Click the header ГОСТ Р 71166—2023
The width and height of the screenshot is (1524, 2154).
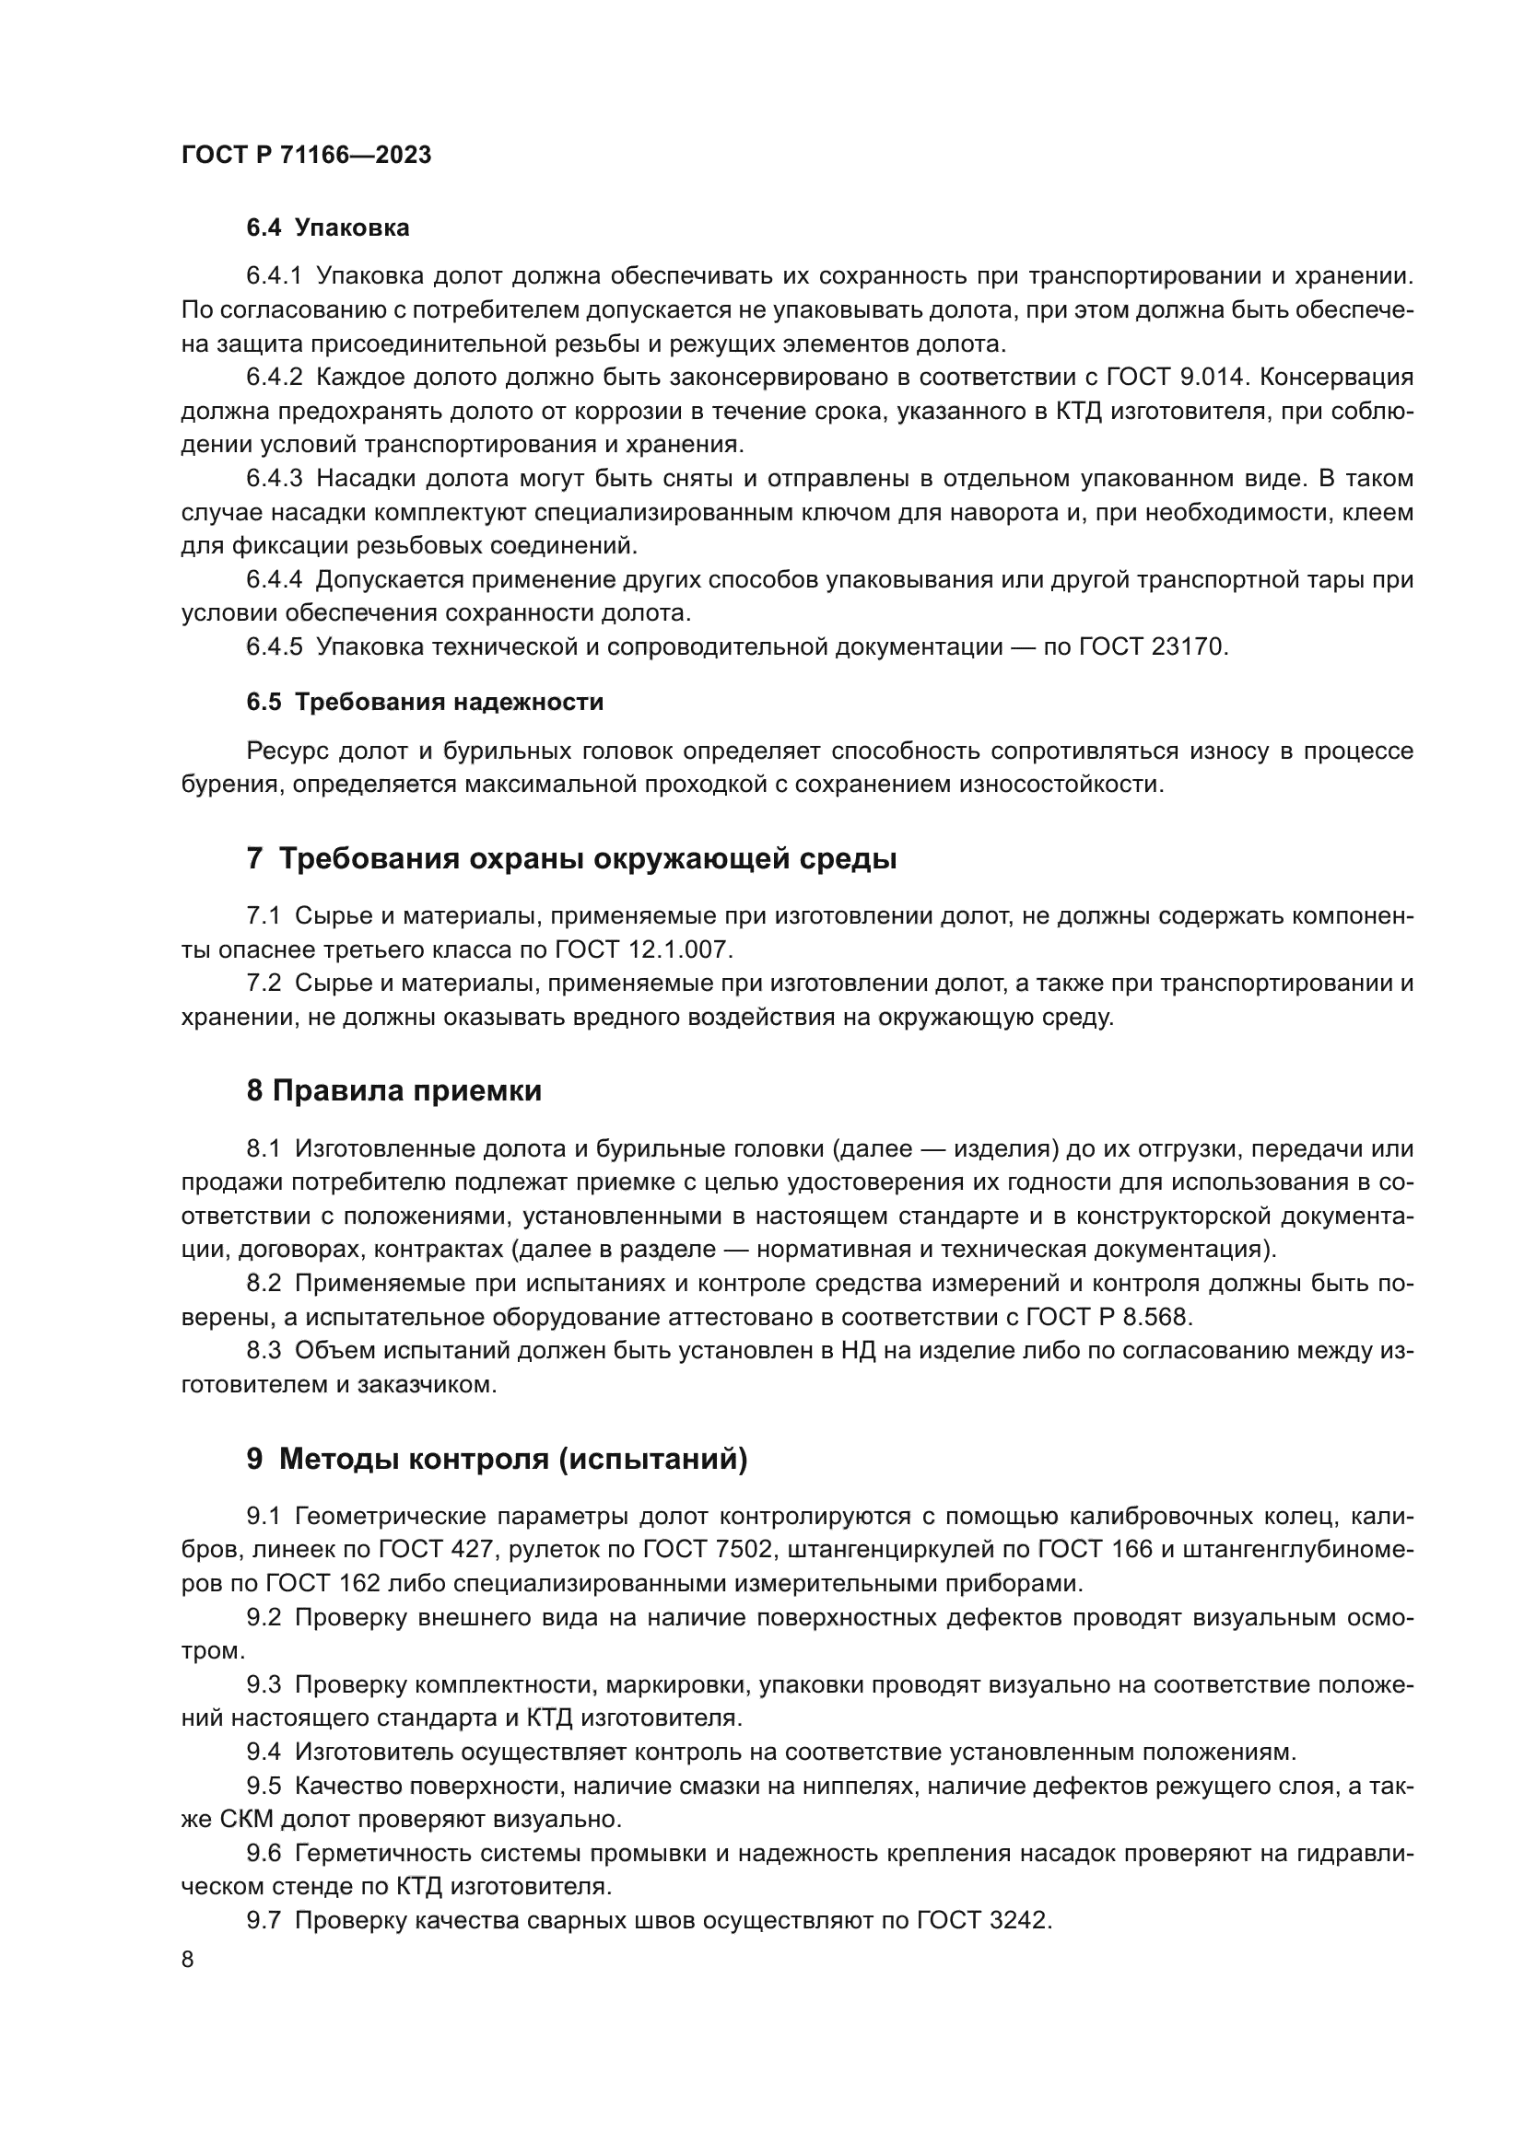[x=306, y=155]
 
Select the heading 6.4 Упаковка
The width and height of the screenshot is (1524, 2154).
[x=327, y=228]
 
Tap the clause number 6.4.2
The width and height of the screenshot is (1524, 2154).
[x=274, y=378]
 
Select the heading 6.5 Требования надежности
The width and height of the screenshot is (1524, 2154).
[x=424, y=702]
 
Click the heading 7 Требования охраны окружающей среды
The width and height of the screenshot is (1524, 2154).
[x=570, y=858]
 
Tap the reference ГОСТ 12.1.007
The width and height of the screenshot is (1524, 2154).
[x=642, y=949]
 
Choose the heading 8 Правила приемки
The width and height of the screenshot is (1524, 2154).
[x=394, y=1091]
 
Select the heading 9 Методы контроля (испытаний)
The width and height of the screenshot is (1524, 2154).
[x=497, y=1459]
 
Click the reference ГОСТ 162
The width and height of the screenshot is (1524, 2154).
[x=323, y=1584]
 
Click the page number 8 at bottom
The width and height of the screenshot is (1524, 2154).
[x=188, y=1960]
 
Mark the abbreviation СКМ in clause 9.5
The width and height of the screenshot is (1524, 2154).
[x=247, y=1820]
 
